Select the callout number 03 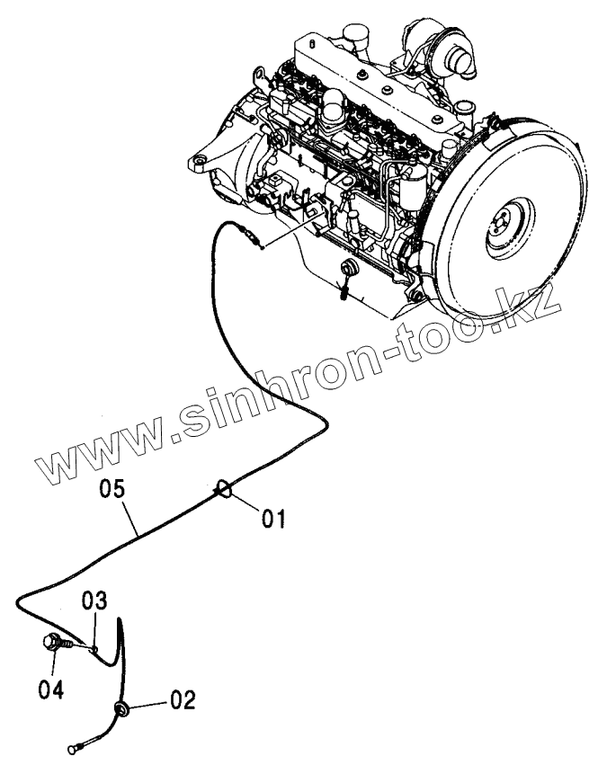[96, 600]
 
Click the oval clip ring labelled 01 [225, 490]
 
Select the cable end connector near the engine [254, 238]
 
